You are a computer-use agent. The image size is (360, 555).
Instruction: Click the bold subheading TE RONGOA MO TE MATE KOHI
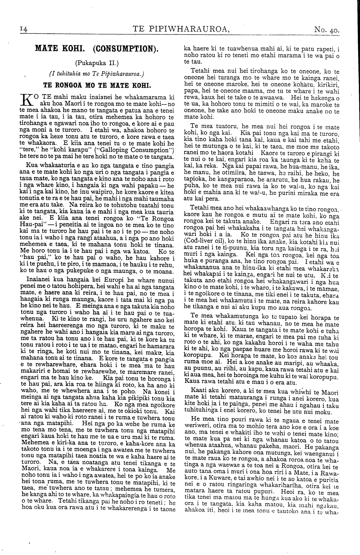point(96,85)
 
